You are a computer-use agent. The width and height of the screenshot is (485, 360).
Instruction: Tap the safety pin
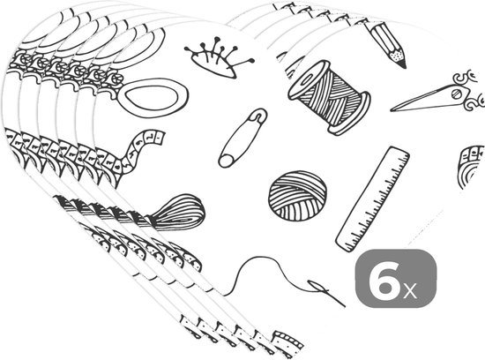242,138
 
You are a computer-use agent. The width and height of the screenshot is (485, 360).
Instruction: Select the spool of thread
329,96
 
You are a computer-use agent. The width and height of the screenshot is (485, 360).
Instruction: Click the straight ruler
373,199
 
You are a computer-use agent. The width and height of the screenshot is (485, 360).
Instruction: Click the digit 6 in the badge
384,277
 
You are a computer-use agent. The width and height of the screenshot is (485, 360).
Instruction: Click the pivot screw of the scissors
456,94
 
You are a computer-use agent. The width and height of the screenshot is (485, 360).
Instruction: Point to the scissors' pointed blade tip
392,109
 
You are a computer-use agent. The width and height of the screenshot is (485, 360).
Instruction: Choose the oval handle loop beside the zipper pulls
153,94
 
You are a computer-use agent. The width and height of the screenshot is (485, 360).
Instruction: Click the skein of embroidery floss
178,213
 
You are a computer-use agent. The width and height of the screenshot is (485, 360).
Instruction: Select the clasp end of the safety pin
257,116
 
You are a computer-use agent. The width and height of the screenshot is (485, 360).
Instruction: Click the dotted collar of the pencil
397,55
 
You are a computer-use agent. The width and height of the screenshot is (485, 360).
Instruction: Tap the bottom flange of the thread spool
350,114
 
